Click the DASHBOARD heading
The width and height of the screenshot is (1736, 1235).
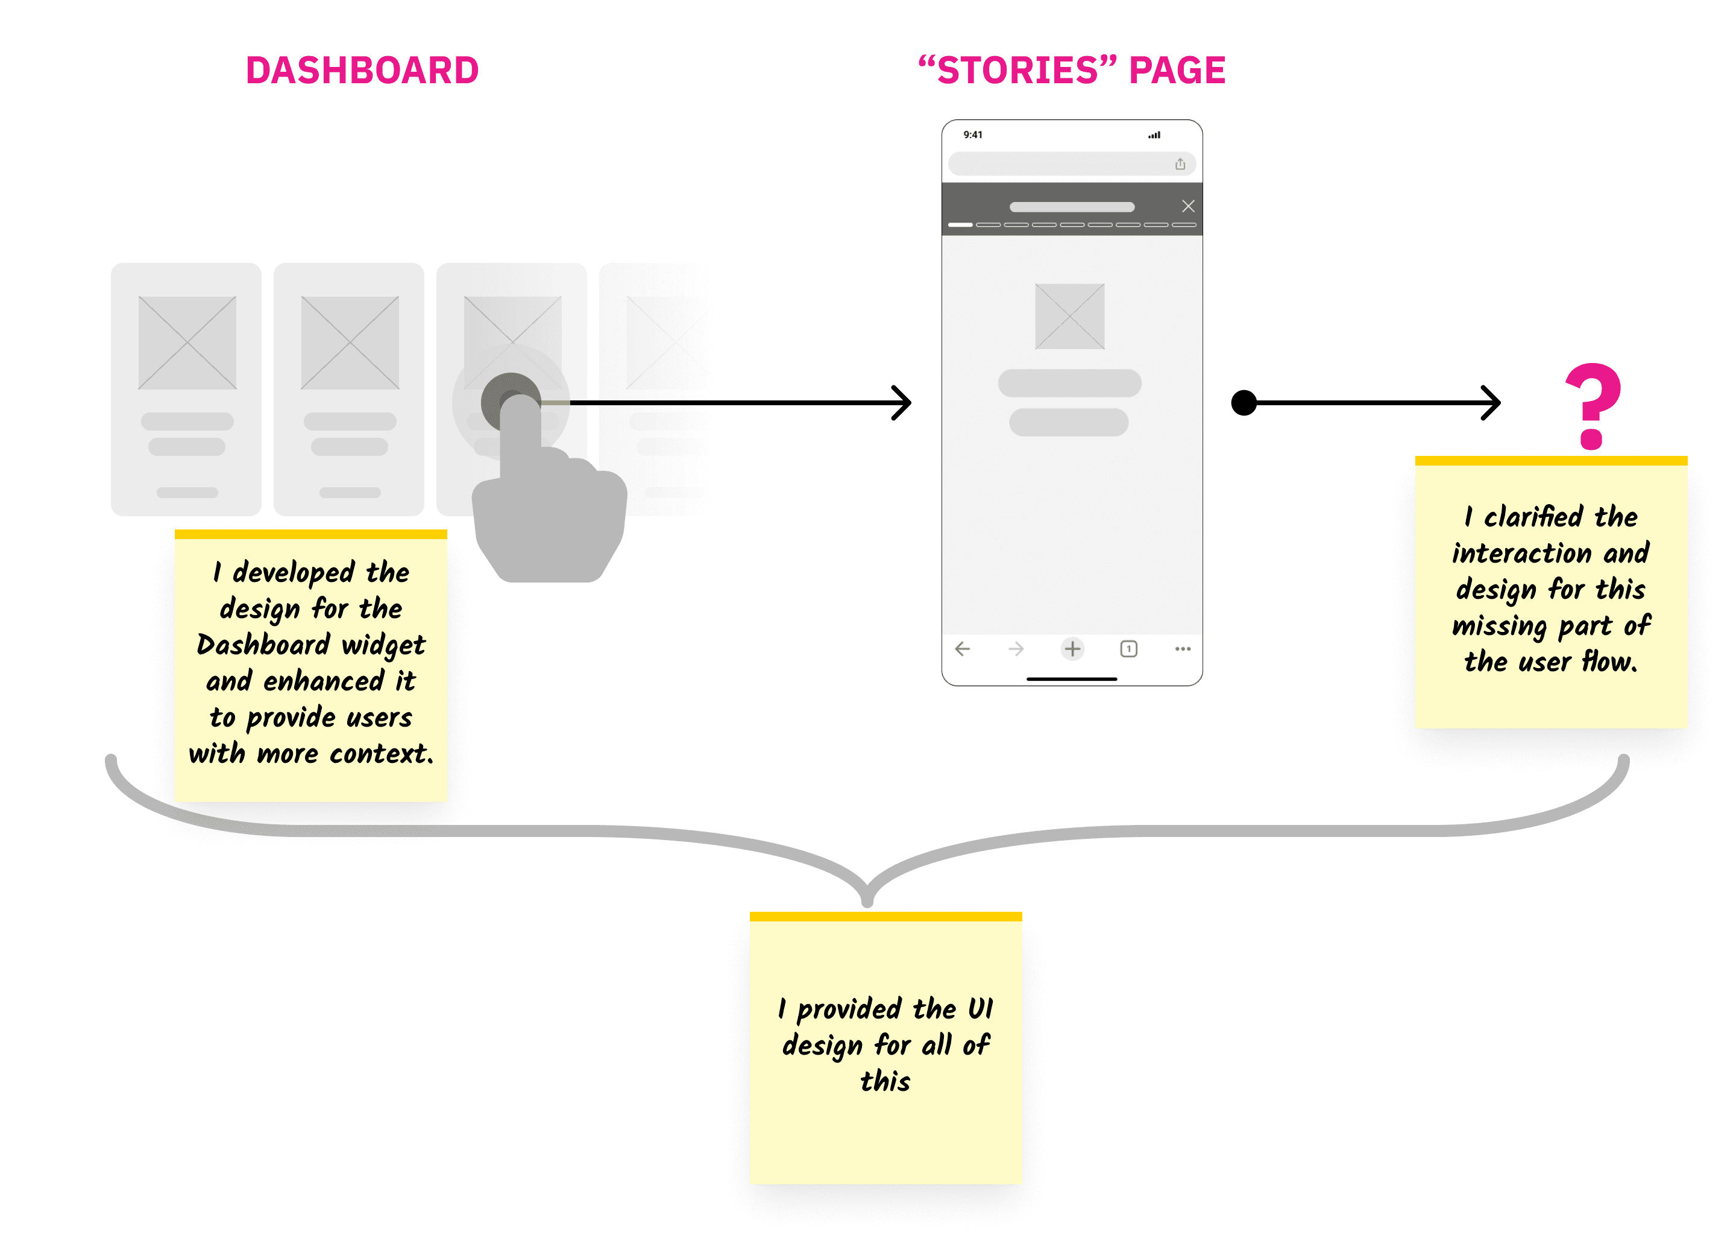pos(362,70)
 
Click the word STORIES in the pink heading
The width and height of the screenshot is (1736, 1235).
pos(1017,70)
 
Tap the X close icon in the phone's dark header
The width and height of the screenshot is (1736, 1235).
pos(1188,206)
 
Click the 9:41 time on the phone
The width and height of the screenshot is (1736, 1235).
pos(972,134)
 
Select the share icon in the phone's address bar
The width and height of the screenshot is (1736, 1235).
pos(1180,164)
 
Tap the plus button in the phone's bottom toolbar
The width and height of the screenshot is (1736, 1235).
pos(1072,649)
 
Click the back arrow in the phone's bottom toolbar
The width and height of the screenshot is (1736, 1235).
pos(962,649)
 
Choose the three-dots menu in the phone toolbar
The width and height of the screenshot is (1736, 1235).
pos(1182,649)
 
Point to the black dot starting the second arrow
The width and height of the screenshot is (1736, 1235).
pos(1244,402)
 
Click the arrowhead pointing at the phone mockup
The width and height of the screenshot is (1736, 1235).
pos(903,402)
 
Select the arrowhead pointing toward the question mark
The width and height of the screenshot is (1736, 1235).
pos(1492,402)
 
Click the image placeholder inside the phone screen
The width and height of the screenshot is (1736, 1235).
pos(1069,317)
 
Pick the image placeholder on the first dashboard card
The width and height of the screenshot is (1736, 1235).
pos(187,343)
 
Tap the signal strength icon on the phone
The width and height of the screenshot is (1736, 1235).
pos(1154,135)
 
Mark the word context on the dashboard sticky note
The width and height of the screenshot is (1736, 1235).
pos(381,754)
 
